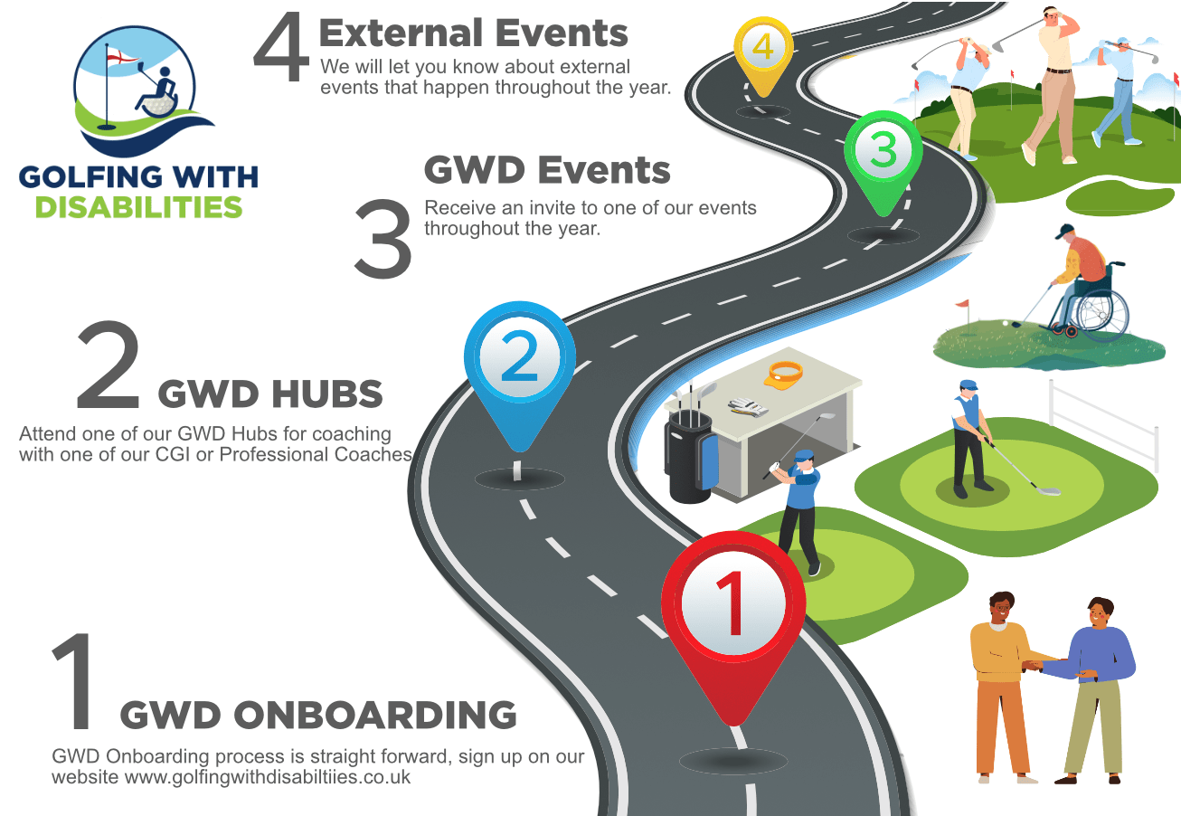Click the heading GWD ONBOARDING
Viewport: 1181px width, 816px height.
[318, 715]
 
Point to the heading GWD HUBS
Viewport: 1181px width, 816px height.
[270, 394]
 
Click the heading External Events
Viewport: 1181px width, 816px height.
[473, 34]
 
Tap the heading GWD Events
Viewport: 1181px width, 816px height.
[547, 170]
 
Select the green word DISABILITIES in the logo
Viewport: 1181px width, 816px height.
[138, 206]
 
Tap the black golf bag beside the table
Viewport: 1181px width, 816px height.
[690, 457]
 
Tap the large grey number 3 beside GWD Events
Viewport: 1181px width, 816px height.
[383, 237]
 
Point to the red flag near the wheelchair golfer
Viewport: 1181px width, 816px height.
[963, 305]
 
